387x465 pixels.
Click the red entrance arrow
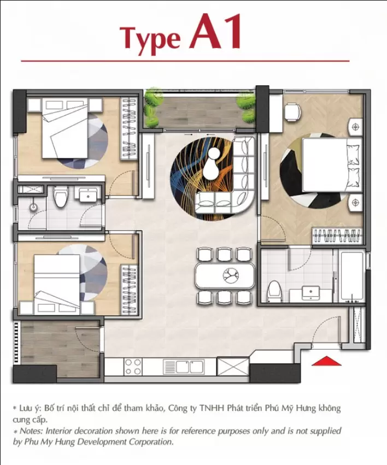[x=326, y=361]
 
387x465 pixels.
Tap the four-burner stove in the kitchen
[x=133, y=367]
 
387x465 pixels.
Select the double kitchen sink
[x=184, y=367]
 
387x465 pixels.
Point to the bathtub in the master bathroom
[x=352, y=276]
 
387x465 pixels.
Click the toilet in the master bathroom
[x=274, y=292]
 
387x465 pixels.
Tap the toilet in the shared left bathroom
[x=61, y=196]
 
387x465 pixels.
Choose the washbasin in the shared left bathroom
[x=87, y=195]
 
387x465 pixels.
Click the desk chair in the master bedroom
[x=292, y=112]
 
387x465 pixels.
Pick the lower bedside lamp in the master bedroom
[x=355, y=203]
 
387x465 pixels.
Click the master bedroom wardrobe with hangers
[x=337, y=236]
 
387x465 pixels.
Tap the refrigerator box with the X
[x=233, y=367]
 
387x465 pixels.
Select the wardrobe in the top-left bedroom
[x=129, y=128]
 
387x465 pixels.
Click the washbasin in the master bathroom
[x=311, y=293]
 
